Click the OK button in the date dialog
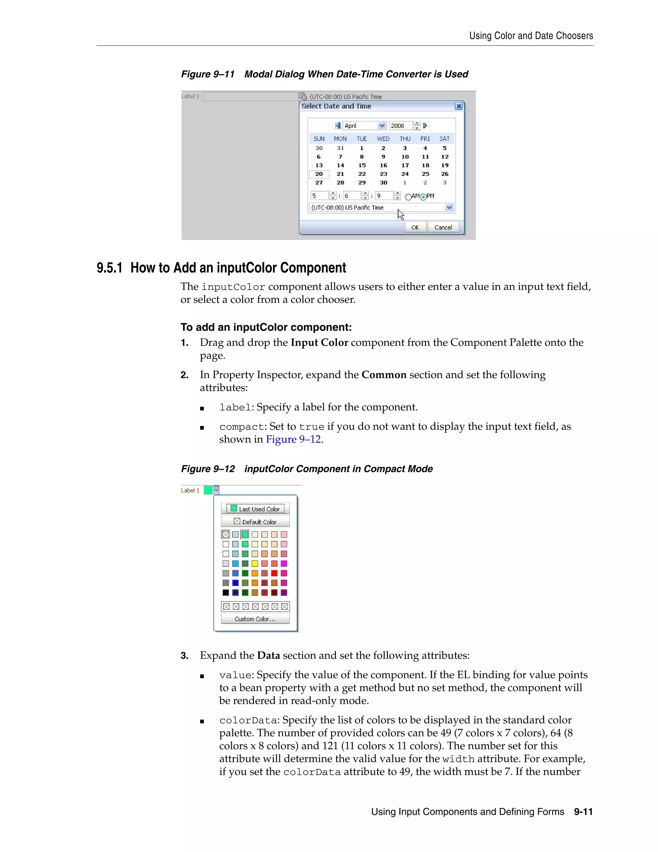(x=415, y=227)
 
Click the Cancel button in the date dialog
(x=443, y=227)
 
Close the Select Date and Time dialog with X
(x=459, y=106)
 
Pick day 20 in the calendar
(x=319, y=174)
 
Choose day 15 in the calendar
(x=362, y=165)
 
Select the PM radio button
(x=423, y=197)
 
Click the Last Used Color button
(x=255, y=509)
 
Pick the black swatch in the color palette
(x=226, y=593)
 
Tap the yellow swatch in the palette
(x=255, y=563)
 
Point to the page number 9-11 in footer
(x=583, y=812)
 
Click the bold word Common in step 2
(x=384, y=375)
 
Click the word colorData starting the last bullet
(x=248, y=721)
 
